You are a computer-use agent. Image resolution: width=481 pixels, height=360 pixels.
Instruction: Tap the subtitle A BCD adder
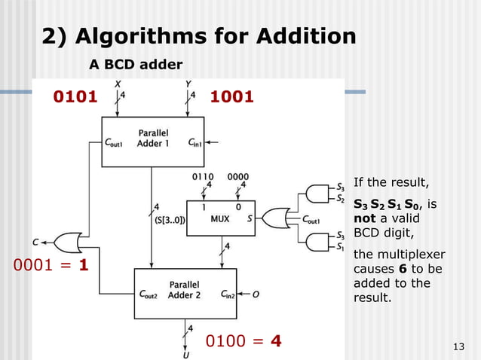pyautogui.click(x=136, y=65)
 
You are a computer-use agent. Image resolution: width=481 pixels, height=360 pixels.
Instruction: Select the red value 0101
pyautogui.click(x=75, y=97)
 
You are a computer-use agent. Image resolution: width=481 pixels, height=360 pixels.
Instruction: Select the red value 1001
pyautogui.click(x=231, y=97)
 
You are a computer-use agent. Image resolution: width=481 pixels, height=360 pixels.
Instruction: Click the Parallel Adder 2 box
pyautogui.click(x=185, y=289)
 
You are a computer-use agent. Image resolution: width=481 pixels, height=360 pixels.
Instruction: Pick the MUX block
pyautogui.click(x=221, y=218)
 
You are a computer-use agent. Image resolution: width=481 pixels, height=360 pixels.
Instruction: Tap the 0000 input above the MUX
pyautogui.click(x=238, y=176)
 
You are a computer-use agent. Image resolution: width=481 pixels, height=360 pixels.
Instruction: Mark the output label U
pyautogui.click(x=185, y=353)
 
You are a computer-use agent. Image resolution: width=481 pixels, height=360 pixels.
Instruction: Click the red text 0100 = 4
pyautogui.click(x=244, y=341)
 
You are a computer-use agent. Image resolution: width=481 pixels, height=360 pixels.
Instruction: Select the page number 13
pyautogui.click(x=457, y=346)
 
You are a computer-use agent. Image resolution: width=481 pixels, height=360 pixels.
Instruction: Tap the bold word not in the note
pyautogui.click(x=365, y=218)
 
